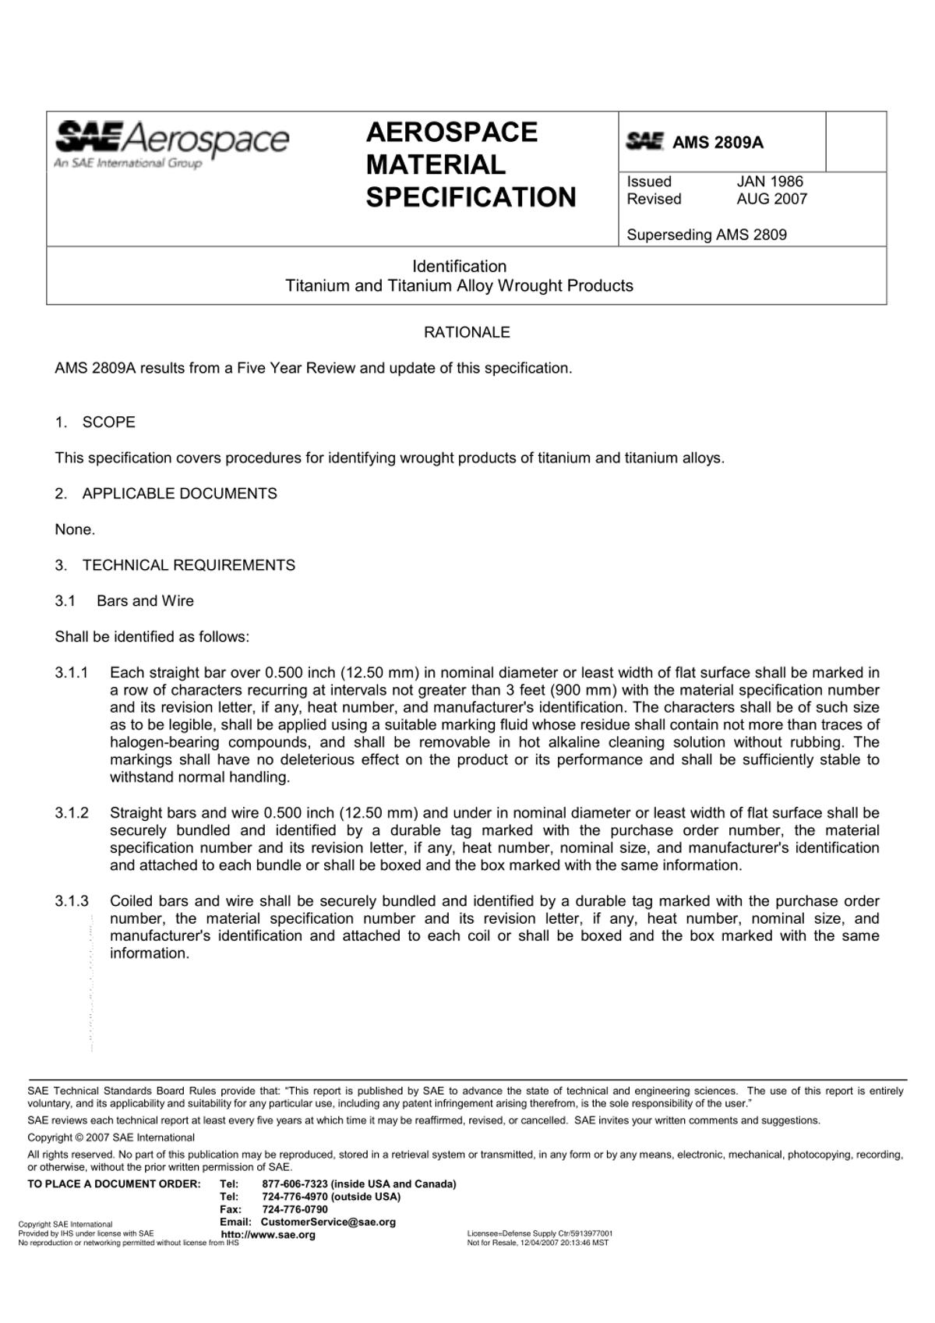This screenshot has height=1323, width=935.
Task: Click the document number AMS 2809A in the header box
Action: point(718,143)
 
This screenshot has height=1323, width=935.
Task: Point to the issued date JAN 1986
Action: point(770,182)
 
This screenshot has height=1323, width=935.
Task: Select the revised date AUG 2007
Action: point(771,199)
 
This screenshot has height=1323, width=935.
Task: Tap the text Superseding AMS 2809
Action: point(707,235)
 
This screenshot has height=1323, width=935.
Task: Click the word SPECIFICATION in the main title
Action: point(471,197)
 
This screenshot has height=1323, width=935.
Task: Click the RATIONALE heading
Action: point(467,332)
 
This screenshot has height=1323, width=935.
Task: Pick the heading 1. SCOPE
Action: point(95,423)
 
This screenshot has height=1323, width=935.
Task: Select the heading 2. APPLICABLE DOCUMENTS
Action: point(166,493)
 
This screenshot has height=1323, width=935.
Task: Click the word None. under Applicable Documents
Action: point(75,529)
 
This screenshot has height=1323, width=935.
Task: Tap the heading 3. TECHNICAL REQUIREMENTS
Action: point(175,565)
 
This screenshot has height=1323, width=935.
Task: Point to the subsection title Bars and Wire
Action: point(145,601)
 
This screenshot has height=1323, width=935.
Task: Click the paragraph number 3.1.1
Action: point(72,673)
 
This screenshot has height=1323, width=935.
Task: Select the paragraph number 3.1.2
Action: point(72,813)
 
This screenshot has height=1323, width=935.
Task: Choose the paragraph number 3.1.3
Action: point(72,901)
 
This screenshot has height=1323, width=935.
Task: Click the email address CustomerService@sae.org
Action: point(328,1222)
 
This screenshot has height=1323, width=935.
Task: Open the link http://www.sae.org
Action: point(268,1235)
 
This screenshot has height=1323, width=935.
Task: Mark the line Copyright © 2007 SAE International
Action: point(111,1137)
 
